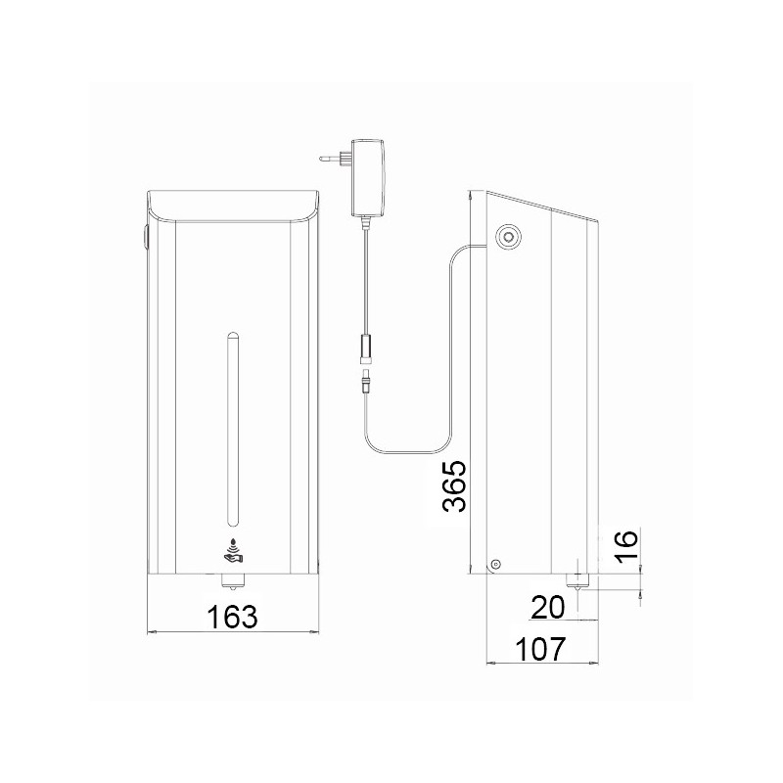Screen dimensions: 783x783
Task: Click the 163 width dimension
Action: pyautogui.click(x=232, y=618)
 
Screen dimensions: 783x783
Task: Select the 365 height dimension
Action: pyautogui.click(x=454, y=485)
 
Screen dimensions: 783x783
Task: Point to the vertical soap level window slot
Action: pyautogui.click(x=232, y=427)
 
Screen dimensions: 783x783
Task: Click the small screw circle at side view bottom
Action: pyautogui.click(x=495, y=563)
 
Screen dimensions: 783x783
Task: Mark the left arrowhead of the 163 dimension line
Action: pyautogui.click(x=150, y=634)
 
